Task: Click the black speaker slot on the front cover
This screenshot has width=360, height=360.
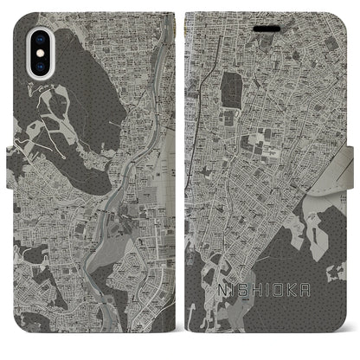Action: pyautogui.click(x=266, y=27)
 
